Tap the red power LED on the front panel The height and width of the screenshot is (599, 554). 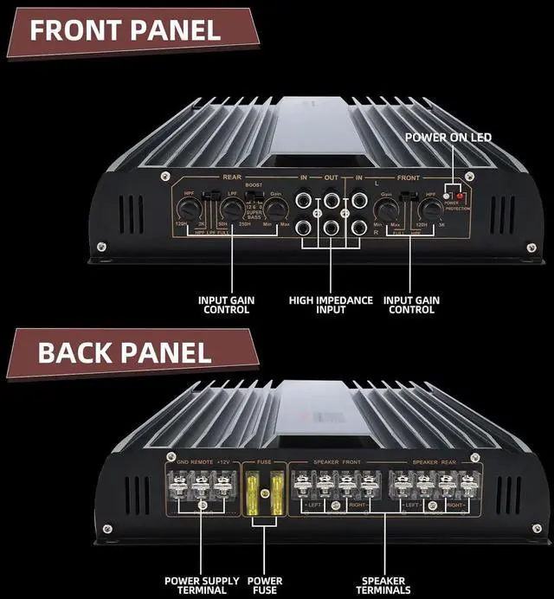[x=458, y=194]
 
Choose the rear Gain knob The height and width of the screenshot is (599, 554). [x=276, y=209]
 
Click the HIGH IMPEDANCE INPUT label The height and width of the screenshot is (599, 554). [x=332, y=306]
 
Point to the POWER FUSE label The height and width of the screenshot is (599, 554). [x=265, y=586]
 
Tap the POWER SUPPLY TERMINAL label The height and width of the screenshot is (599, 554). [x=197, y=586]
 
